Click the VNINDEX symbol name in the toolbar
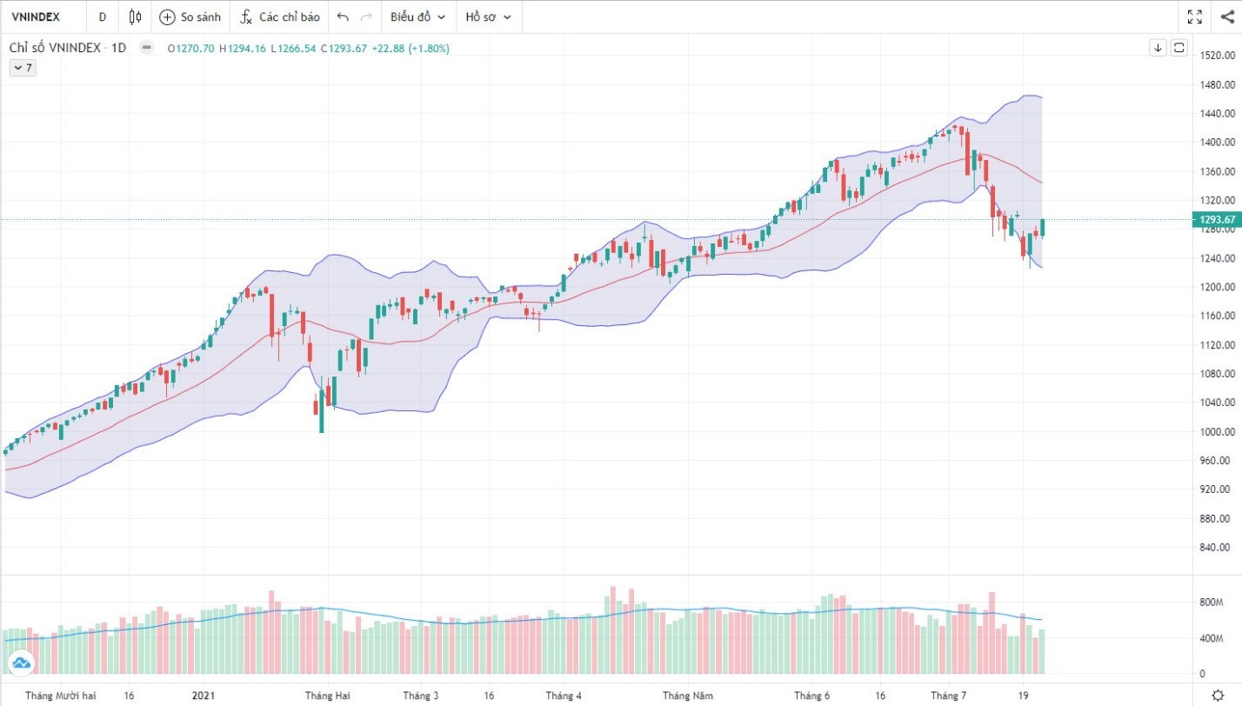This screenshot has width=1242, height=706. point(36,17)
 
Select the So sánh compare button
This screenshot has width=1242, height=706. point(190,17)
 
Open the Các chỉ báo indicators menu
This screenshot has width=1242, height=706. point(280,17)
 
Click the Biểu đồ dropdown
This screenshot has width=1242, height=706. point(417,17)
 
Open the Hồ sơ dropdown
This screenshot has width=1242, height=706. point(488,17)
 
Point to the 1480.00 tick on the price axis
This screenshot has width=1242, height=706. point(1218,84)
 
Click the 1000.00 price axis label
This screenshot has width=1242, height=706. point(1218,431)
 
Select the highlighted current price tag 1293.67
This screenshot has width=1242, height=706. point(1218,220)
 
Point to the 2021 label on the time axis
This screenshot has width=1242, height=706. point(204,696)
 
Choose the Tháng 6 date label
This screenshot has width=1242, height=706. point(811,696)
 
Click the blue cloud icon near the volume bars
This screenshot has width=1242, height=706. point(22,664)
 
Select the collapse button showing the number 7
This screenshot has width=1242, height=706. point(23,68)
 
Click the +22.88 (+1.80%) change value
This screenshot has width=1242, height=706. point(411,49)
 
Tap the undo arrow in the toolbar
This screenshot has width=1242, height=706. point(343,17)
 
